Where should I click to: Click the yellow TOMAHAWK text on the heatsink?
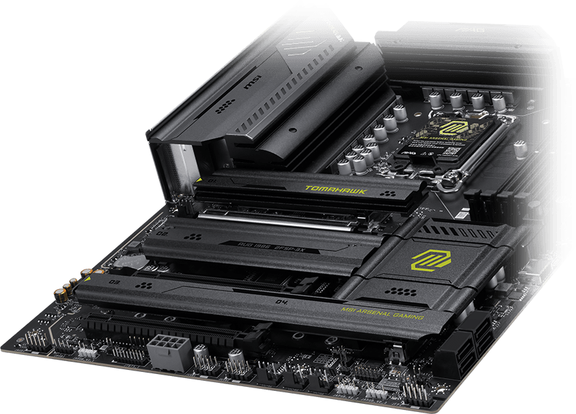point(335,190)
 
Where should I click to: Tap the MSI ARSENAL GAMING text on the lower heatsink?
point(382,313)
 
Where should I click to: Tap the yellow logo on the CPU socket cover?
point(450,126)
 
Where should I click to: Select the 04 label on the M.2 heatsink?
point(281,299)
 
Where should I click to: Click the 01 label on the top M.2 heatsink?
point(211,182)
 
